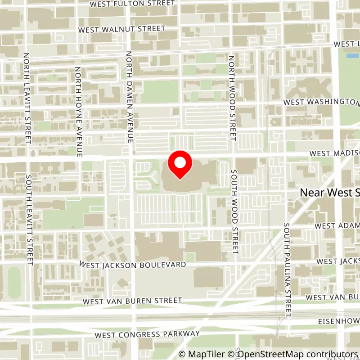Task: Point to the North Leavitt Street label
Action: [x=27, y=99]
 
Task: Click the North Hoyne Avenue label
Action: [x=78, y=112]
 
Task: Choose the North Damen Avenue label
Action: [x=129, y=97]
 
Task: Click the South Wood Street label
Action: [x=234, y=211]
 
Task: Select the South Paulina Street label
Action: [x=287, y=269]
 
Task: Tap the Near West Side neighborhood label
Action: [x=330, y=193]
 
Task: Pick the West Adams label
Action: [x=337, y=225]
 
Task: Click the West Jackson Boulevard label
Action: [x=133, y=265]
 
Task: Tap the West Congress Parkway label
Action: [x=147, y=334]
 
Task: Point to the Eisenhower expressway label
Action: [x=335, y=322]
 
